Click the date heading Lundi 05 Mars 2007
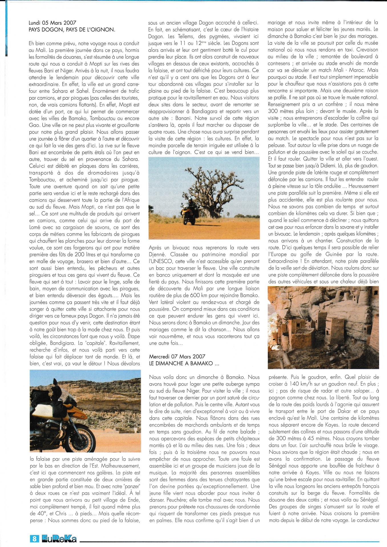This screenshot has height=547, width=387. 52,23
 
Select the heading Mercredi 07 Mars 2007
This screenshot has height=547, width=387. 177,356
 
